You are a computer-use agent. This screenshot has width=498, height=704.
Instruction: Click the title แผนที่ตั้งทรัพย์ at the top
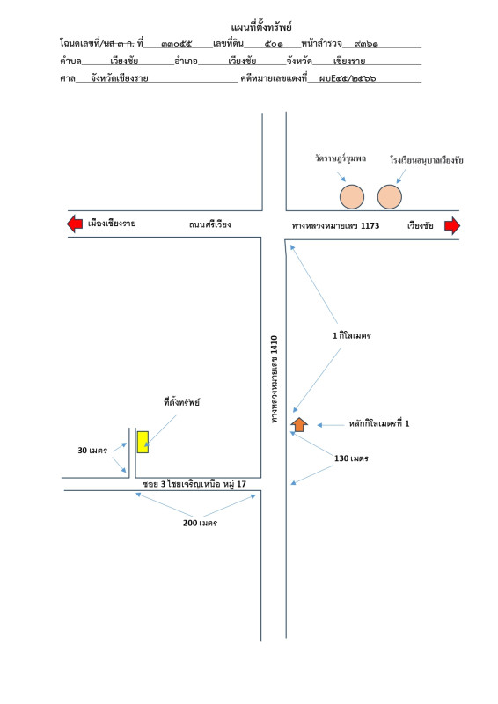261,27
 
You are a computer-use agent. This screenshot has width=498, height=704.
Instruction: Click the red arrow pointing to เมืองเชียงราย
75,224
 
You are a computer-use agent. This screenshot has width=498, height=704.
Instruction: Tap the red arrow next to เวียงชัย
452,226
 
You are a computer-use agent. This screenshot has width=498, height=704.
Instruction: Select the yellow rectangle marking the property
143,442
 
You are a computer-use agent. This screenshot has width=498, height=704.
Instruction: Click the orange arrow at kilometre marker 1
299,424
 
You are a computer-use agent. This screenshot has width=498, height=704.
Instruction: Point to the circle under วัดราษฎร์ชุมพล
352,197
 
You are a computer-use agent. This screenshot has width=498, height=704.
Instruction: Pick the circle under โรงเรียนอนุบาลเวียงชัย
389,197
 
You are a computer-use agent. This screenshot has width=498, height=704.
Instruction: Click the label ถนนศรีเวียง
209,224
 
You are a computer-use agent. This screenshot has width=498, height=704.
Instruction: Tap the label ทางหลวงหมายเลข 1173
335,226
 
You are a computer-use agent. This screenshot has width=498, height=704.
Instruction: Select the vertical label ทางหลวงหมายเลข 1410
275,379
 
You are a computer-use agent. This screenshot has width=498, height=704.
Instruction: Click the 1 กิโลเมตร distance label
352,335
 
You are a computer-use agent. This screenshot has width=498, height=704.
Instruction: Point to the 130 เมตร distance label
351,458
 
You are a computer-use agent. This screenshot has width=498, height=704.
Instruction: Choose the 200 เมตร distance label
200,523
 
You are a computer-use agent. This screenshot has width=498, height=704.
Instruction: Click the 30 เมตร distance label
92,451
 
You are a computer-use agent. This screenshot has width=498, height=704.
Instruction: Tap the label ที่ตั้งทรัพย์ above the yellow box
181,402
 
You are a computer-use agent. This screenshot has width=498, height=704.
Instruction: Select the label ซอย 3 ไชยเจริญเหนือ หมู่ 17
194,484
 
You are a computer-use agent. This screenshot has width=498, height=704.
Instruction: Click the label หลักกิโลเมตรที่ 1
379,423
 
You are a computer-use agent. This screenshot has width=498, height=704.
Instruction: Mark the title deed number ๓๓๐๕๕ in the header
177,44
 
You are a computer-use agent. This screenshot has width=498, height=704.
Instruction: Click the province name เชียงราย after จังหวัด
349,61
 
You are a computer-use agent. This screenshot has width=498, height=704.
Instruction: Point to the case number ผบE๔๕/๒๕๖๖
348,78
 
